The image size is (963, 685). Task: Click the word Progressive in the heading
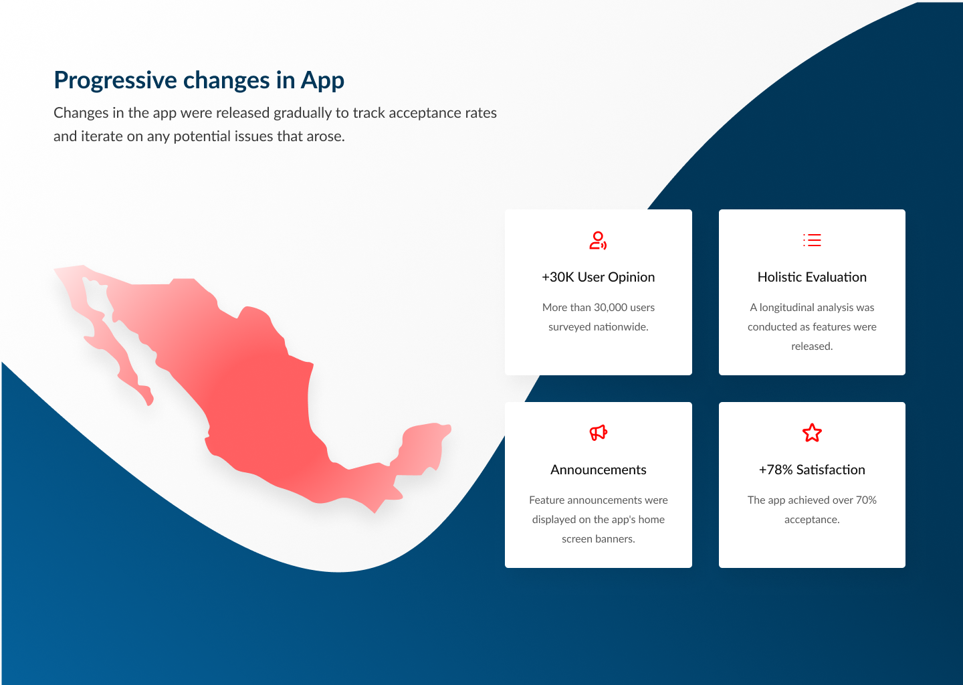coord(115,80)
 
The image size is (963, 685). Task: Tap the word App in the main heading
coord(322,80)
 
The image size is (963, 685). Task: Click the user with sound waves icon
coord(598,240)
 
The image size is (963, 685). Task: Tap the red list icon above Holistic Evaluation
coord(812,240)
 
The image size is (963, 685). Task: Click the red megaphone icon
coord(598,433)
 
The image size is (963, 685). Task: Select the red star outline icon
coord(812,433)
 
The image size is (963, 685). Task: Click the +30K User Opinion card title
coord(598,278)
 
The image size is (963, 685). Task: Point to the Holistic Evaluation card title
coord(812,278)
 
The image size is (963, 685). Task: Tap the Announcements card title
coord(598,470)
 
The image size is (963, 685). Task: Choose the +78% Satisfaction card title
coord(812,470)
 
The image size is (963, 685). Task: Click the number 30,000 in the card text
coord(611,308)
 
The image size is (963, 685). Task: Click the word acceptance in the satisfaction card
coord(812,520)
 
